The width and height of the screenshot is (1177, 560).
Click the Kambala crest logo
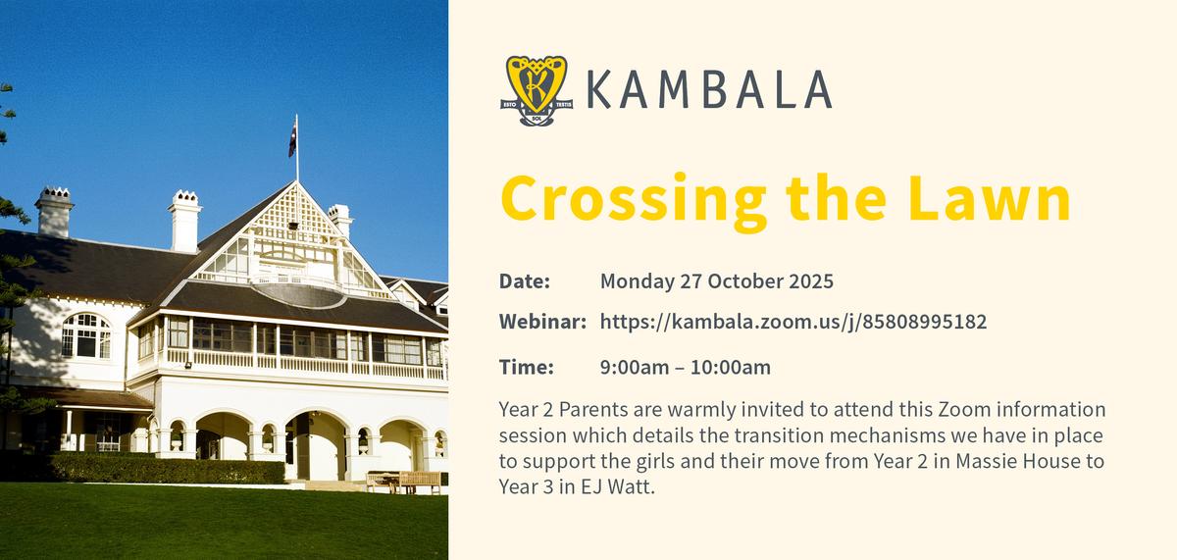pyautogui.click(x=537, y=90)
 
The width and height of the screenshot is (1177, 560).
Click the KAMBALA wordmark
pyautogui.click(x=709, y=90)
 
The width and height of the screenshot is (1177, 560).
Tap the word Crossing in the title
pyautogui.click(x=634, y=200)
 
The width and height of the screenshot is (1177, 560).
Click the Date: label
pyautogui.click(x=525, y=281)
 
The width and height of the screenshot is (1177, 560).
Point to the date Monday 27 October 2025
pyautogui.click(x=717, y=281)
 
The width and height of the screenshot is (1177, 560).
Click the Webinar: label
pyautogui.click(x=542, y=322)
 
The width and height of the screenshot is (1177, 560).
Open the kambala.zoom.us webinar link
pyautogui.click(x=793, y=322)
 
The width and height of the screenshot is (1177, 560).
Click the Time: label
pyautogui.click(x=527, y=367)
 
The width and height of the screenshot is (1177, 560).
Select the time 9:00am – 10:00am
pyautogui.click(x=686, y=367)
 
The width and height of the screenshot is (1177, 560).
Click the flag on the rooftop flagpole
pyautogui.click(x=292, y=137)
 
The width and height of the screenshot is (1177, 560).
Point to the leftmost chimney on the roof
pyautogui.click(x=54, y=212)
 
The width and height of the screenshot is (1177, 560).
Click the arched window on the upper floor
pyautogui.click(x=86, y=335)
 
